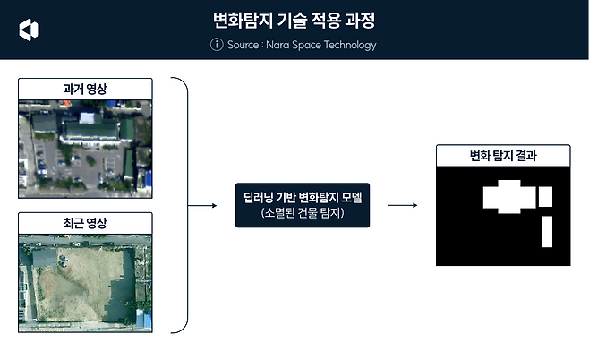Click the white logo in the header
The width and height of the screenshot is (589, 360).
(29, 29)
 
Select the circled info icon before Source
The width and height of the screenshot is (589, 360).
(216, 45)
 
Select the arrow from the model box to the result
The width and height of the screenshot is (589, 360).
(405, 206)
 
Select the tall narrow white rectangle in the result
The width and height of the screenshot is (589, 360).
(548, 231)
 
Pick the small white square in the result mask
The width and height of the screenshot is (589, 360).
(545, 196)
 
